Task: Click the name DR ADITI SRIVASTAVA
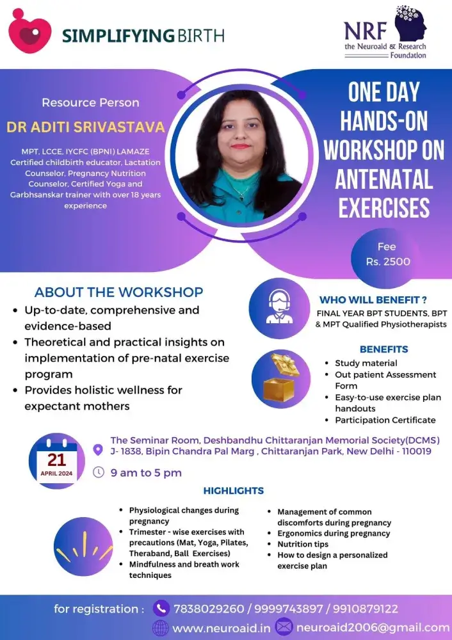[x=86, y=126]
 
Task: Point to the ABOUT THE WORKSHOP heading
[x=119, y=292]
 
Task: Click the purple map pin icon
[x=98, y=450]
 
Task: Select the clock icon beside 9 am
[x=99, y=472]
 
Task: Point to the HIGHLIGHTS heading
[x=233, y=491]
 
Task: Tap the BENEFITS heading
[x=383, y=349]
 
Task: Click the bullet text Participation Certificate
[x=385, y=420]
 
